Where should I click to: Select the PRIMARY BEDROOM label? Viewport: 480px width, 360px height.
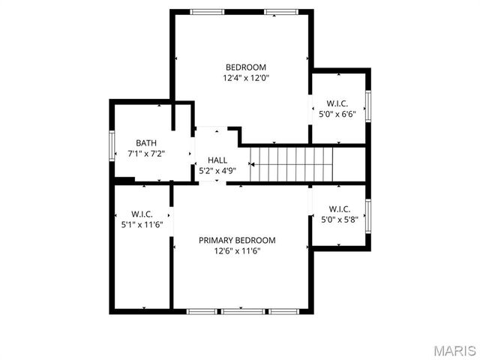coord(237,240)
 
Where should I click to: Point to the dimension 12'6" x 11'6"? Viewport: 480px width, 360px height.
coord(237,250)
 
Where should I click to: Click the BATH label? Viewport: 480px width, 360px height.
coord(146,143)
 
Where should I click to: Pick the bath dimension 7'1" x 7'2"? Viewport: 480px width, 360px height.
coord(146,154)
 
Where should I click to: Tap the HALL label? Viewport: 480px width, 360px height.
coord(217,160)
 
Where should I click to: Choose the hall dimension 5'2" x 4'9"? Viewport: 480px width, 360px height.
coord(217,171)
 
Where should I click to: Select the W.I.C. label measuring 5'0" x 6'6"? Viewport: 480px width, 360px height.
coord(337,103)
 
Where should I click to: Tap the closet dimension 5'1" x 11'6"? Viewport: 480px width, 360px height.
coord(142,224)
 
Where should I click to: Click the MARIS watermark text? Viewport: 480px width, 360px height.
coord(455,350)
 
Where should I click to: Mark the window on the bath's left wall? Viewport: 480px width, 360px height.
coord(112,144)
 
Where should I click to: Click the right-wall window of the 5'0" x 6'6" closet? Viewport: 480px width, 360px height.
coord(368,106)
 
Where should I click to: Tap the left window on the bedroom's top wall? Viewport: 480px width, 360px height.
coord(207,11)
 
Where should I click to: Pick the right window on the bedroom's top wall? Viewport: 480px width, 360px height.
coord(280,11)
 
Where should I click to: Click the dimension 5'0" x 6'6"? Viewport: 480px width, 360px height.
coord(337,114)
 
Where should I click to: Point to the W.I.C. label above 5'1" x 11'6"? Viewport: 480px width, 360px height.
coord(142,213)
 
